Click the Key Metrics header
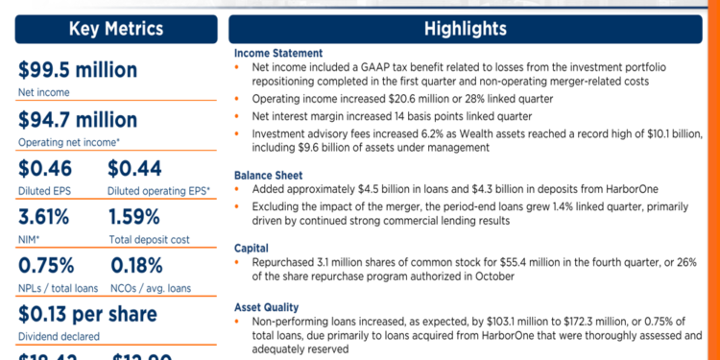(115, 29)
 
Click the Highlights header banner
(465, 29)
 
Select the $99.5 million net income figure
(78, 71)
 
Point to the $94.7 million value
(78, 120)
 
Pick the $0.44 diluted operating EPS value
(140, 169)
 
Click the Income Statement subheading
(278, 53)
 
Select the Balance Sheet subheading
(270, 176)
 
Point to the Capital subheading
(252, 247)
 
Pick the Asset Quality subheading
(268, 306)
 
